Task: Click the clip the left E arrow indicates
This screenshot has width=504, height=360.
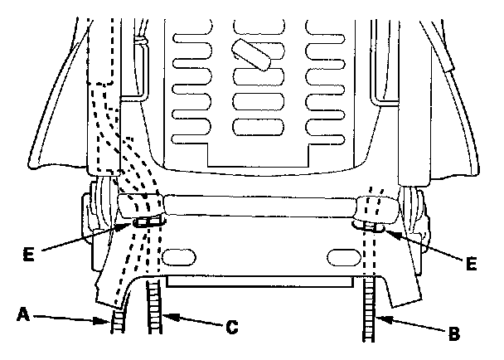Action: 145,221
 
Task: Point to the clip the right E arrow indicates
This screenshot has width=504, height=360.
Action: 372,224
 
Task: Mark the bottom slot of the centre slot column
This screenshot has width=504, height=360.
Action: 253,128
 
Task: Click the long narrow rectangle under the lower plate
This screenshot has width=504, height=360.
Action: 261,281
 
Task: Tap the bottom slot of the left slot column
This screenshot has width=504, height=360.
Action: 184,129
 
